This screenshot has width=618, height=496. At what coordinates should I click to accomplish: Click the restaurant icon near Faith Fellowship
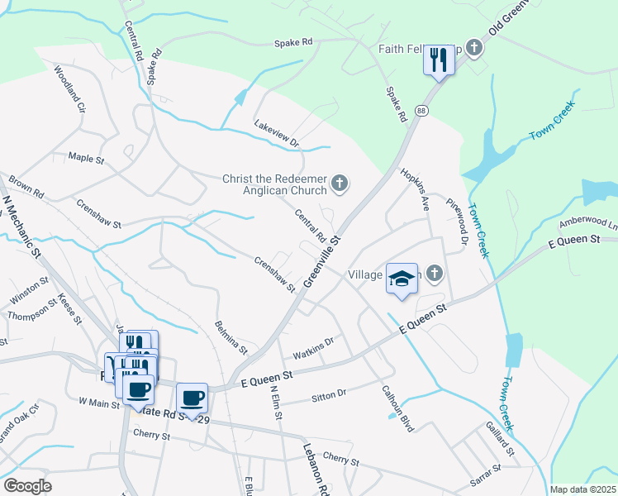(x=439, y=59)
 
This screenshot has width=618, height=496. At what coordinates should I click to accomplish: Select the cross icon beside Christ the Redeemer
(x=339, y=183)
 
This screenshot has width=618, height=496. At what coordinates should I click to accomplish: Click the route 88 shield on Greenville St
(x=421, y=111)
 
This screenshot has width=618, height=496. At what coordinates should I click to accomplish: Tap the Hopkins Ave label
(x=415, y=189)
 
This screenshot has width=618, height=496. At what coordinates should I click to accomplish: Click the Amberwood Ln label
(x=588, y=223)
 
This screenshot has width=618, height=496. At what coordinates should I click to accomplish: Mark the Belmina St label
(x=231, y=337)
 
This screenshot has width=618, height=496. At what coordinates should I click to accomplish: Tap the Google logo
(x=27, y=485)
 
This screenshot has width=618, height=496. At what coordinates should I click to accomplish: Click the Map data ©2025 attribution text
(x=582, y=489)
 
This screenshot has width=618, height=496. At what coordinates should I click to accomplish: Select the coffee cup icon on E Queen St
(x=192, y=398)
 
